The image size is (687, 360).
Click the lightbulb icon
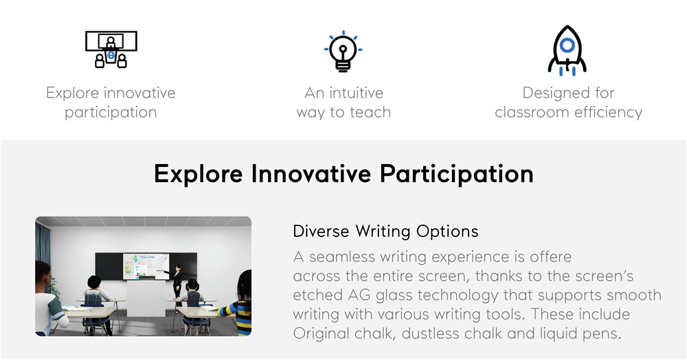coord(343,51)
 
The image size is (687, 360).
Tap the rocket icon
coord(567,50)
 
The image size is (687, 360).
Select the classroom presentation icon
coord(111,49)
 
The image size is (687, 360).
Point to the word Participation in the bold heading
coord(456,175)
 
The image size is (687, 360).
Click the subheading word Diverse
coord(321,231)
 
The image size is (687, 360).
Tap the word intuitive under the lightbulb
coord(356,93)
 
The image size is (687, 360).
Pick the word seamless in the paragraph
coord(341,256)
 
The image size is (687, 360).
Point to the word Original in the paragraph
coord(321,334)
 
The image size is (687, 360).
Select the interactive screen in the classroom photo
coord(146,266)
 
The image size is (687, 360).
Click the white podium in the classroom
coord(146,298)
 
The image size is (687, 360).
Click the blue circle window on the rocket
coord(567,45)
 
